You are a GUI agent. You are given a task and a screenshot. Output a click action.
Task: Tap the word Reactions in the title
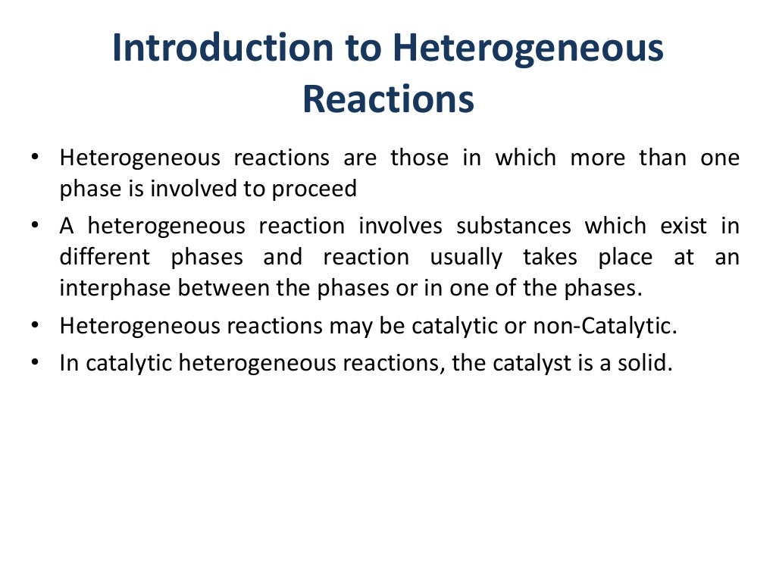pyautogui.click(x=388, y=99)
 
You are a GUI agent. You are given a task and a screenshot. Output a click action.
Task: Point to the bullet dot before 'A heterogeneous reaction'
pyautogui.click(x=36, y=225)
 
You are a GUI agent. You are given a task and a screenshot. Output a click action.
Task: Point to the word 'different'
pyautogui.click(x=105, y=257)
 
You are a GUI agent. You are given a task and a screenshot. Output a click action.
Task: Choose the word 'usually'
pyautogui.click(x=466, y=258)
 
